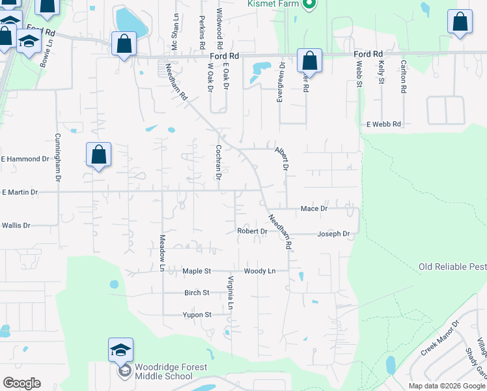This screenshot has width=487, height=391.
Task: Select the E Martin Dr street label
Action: pyautogui.click(x=20, y=192)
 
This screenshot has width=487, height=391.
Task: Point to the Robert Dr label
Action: pyautogui.click(x=253, y=231)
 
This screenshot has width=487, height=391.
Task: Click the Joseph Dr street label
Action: pyautogui.click(x=333, y=233)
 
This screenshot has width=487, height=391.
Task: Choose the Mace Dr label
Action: pyautogui.click(x=314, y=209)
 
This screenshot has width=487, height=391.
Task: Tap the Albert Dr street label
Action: pyautogui.click(x=281, y=158)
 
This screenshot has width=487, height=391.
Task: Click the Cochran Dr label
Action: pyautogui.click(x=219, y=162)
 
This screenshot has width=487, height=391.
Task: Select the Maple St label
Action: pyautogui.click(x=197, y=270)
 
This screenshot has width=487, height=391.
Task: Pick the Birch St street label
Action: pyautogui.click(x=197, y=293)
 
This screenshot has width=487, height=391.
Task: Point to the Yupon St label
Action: pyautogui.click(x=197, y=315)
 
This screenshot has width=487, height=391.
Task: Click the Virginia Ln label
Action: pyautogui.click(x=230, y=293)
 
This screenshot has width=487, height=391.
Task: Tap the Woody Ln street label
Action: pyautogui.click(x=260, y=270)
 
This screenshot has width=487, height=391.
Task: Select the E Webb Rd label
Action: pyautogui.click(x=384, y=124)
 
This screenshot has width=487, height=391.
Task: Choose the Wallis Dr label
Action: pyautogui.click(x=16, y=225)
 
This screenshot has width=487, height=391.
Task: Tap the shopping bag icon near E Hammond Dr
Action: pyautogui.click(x=98, y=155)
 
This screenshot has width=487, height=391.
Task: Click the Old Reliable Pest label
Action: pyautogui.click(x=452, y=267)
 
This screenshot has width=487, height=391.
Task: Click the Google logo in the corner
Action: pyautogui.click(x=21, y=383)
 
